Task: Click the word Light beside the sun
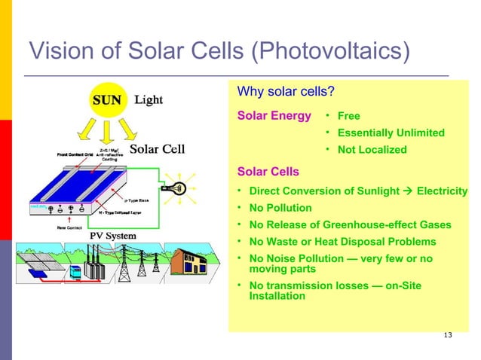[x=149, y=100]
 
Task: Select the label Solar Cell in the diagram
[x=158, y=148]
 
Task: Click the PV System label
[x=109, y=236]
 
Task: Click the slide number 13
[x=449, y=335]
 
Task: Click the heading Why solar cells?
[x=286, y=93]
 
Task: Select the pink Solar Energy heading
[x=274, y=116]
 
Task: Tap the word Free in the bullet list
[x=348, y=117]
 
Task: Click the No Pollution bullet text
[x=280, y=208]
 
